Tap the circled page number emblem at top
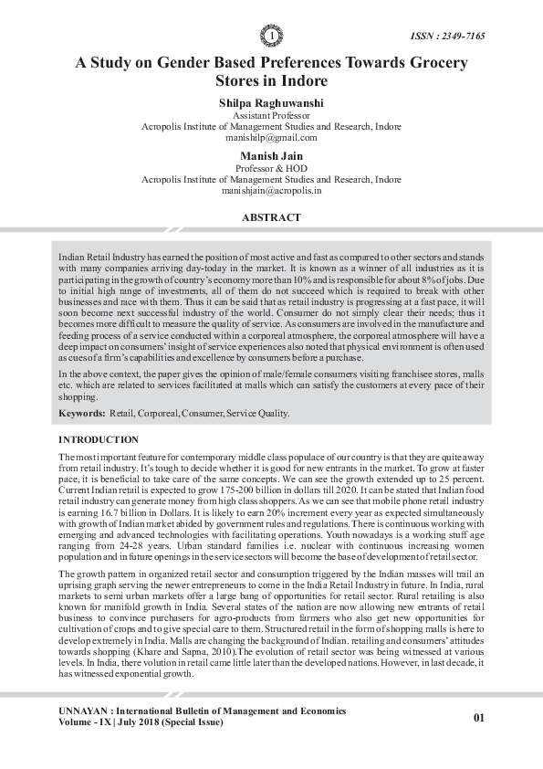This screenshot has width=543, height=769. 271,36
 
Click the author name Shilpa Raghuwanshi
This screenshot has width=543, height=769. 271,103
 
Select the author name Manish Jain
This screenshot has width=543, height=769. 271,156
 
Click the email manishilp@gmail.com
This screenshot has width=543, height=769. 271,138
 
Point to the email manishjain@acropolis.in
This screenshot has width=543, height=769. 271,191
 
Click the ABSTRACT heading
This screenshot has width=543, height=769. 271,218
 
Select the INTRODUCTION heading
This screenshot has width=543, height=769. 98,440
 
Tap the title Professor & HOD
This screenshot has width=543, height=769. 271,169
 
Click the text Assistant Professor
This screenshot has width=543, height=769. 271,116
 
